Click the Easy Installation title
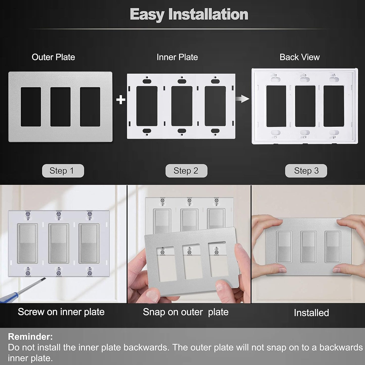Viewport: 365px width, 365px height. click(189, 14)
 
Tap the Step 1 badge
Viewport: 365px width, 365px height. click(63, 171)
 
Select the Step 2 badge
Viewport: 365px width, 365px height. click(186, 171)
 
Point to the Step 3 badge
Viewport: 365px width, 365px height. click(306, 171)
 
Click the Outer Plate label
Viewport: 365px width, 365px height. click(53, 57)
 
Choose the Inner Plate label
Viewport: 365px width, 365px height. click(177, 57)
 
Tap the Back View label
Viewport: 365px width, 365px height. click(300, 57)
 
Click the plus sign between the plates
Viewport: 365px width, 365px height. click(121, 100)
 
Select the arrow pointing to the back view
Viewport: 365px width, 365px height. click(242, 99)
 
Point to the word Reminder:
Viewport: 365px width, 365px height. click(30, 337)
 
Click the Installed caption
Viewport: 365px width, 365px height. click(311, 313)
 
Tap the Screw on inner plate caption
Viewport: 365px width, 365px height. click(61, 312)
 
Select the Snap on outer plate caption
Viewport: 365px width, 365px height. click(186, 312)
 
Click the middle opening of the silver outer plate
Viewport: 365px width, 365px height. click(60, 107)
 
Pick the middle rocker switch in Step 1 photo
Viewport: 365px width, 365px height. click(59, 243)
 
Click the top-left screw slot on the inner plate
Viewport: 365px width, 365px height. click(147, 81)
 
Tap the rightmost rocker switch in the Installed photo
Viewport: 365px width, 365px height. click(333, 247)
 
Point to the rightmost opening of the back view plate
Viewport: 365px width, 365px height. click(334, 106)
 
